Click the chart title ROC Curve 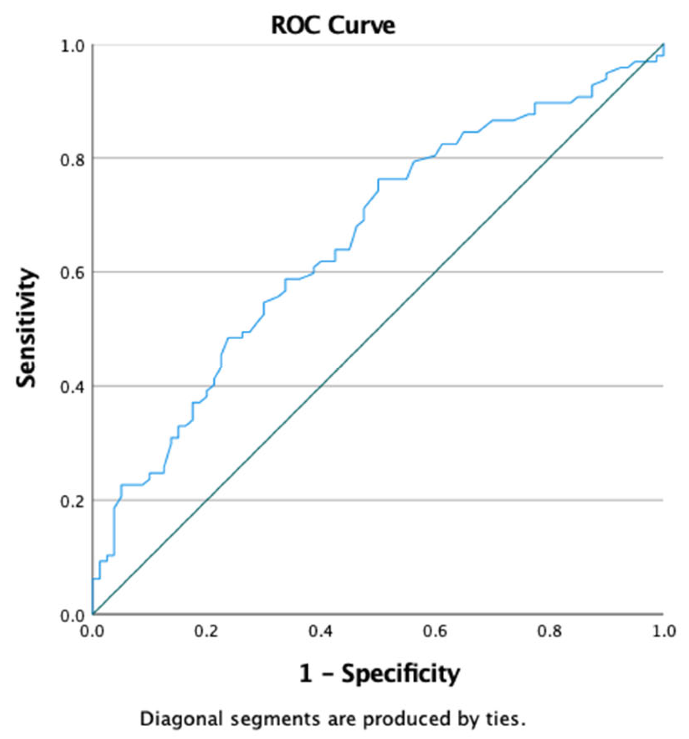coord(333,25)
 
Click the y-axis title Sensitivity coord(26,328)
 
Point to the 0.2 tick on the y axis coord(72,501)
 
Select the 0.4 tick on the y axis coord(72,387)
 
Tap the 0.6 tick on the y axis coord(72,273)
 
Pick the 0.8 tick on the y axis coord(72,159)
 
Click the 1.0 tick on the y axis coord(72,46)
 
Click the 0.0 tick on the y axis coord(72,615)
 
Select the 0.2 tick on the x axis coord(206,631)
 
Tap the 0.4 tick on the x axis coord(320,631)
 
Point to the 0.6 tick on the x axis coord(435,631)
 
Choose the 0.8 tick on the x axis coord(549,631)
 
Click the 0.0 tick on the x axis coord(92,631)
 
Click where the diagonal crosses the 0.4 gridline coord(320,386)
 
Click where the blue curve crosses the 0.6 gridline coord(313,272)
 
